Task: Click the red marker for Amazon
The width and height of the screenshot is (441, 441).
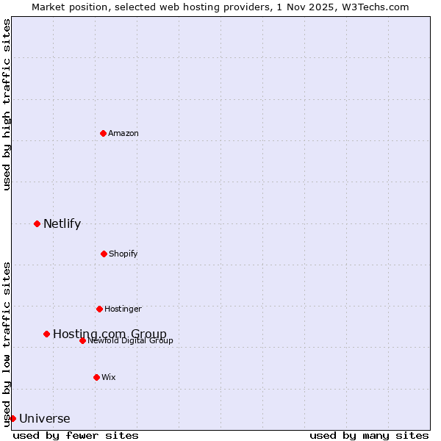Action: pos(103,133)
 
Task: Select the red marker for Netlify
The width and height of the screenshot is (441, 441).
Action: pos(37,223)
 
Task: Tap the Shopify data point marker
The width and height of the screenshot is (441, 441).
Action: pos(104,254)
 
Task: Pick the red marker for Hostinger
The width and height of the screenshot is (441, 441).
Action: pos(99,309)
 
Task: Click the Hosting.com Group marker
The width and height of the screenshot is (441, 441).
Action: pos(46,334)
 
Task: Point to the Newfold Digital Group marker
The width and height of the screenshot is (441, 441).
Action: pos(82,340)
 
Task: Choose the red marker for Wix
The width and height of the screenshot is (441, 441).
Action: pos(96,377)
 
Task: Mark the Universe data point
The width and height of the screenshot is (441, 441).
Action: pos(12,418)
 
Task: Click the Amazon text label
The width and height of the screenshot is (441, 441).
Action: pos(123,133)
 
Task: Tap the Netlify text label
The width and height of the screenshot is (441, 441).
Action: pos(62,223)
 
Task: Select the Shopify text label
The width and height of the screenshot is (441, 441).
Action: pos(123,254)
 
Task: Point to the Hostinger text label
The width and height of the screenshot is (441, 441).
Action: pos(123,309)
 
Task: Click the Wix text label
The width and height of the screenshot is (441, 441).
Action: pos(109,377)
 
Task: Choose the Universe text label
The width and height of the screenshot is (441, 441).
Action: pos(45,419)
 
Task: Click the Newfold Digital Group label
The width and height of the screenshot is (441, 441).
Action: pos(131,340)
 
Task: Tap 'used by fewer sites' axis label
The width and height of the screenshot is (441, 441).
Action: pos(76,435)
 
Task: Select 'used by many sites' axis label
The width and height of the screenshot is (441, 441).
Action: pos(369,435)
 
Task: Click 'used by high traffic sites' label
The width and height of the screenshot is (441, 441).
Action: pos(7,104)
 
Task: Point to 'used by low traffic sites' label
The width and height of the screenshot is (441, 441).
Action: pos(7,343)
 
